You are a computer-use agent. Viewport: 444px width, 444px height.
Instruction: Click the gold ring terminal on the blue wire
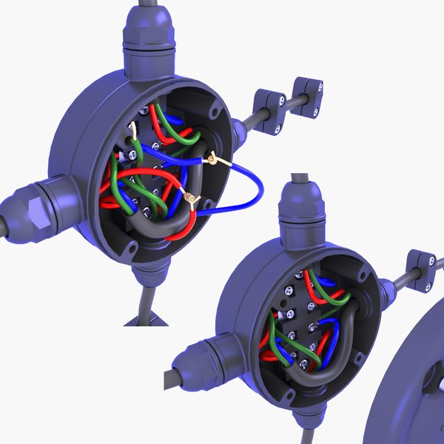(212, 158)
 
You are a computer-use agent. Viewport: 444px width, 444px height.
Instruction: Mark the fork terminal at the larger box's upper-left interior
(133, 133)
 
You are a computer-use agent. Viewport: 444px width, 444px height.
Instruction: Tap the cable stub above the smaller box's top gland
(300, 181)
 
